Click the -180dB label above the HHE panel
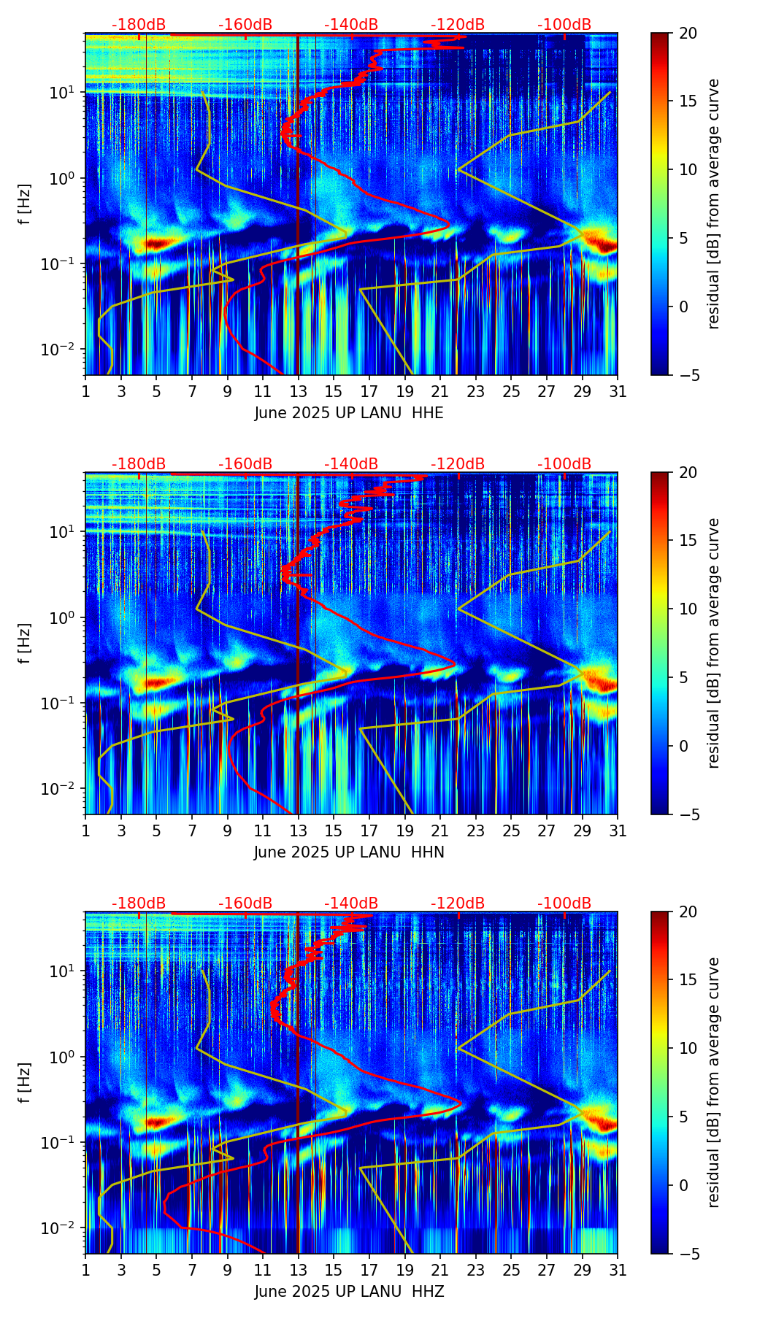point(139,25)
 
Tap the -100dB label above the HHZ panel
point(564,903)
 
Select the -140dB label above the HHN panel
point(351,464)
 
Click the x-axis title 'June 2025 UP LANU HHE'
point(349,413)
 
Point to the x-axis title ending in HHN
point(349,852)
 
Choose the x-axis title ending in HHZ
point(349,1292)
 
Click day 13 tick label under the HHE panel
point(298,392)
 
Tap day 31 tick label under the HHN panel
point(617,831)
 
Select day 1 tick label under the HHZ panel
point(85,1271)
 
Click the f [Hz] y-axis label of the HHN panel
point(25,643)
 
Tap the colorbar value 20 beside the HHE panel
point(688,33)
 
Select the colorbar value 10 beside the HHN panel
point(688,609)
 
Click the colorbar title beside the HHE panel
point(713,204)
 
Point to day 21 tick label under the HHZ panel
point(439,1271)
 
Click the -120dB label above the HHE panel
point(458,25)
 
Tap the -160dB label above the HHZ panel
point(245,903)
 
